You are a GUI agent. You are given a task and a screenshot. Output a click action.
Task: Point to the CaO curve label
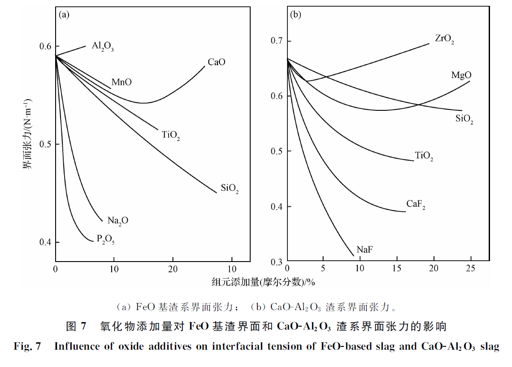tap(216, 62)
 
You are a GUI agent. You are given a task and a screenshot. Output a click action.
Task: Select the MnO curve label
tap(121, 83)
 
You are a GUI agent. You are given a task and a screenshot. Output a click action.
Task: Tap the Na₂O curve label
tap(117, 220)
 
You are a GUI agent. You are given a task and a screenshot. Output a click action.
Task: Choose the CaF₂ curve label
tap(416, 205)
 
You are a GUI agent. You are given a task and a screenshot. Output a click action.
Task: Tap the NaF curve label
tap(364, 250)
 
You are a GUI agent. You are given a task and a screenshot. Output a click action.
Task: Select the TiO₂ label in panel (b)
tap(424, 157)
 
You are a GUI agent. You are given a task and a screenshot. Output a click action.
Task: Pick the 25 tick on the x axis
tap(470, 268)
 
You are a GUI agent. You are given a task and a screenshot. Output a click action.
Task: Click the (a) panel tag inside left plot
tap(64, 14)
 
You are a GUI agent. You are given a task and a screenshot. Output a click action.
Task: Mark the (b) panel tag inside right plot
tap(295, 14)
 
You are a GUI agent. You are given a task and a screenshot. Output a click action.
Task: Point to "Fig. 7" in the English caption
tap(28, 346)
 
